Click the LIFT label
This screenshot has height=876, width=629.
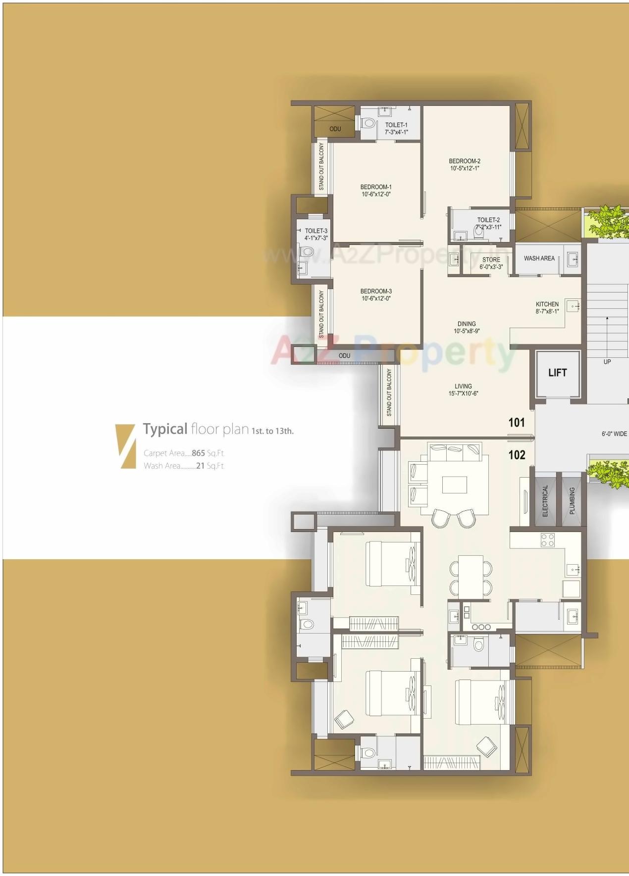pyautogui.click(x=557, y=373)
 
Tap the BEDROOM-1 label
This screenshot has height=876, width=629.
pyautogui.click(x=376, y=187)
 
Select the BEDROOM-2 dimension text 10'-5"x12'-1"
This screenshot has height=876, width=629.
pyautogui.click(x=465, y=168)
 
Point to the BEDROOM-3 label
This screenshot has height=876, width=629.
pyautogui.click(x=376, y=291)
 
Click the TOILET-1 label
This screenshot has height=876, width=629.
pyautogui.click(x=396, y=125)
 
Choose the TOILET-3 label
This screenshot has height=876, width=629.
pyautogui.click(x=316, y=231)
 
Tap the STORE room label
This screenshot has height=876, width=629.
pyautogui.click(x=491, y=259)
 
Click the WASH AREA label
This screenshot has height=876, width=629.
pyautogui.click(x=539, y=258)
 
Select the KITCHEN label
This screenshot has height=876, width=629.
pyautogui.click(x=547, y=304)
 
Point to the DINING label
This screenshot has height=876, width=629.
pyautogui.click(x=467, y=324)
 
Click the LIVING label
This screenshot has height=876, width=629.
pyautogui.click(x=463, y=386)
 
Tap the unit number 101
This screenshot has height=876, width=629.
pyautogui.click(x=517, y=422)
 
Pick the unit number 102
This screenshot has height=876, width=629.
pyautogui.click(x=517, y=454)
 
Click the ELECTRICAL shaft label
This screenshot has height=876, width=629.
pyautogui.click(x=545, y=501)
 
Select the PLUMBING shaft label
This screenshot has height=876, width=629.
pyautogui.click(x=572, y=501)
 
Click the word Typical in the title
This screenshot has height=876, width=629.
pyautogui.click(x=165, y=429)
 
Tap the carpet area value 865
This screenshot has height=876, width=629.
pyautogui.click(x=198, y=453)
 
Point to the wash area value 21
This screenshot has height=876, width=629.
pyautogui.click(x=200, y=466)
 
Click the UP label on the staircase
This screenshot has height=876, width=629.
pyautogui.click(x=607, y=362)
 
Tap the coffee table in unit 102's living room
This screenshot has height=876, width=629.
pyautogui.click(x=454, y=485)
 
